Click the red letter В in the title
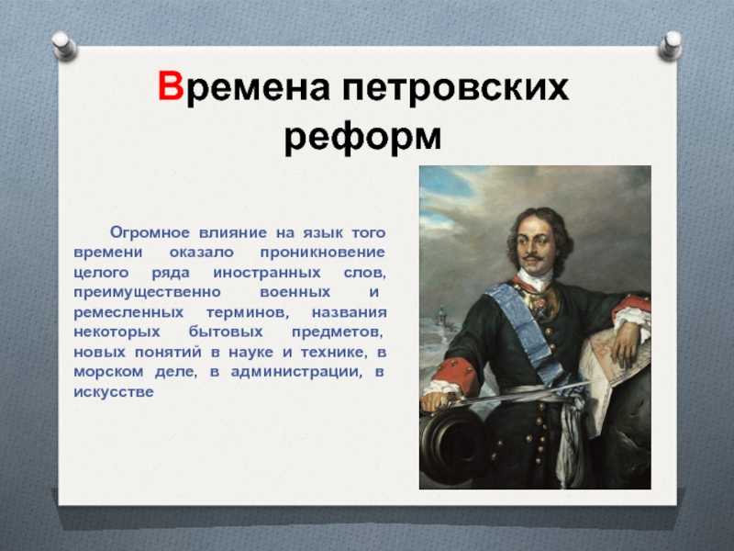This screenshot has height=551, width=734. [171, 85]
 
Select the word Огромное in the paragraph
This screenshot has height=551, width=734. [150, 232]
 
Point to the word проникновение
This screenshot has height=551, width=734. [323, 253]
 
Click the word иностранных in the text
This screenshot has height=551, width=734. [267, 273]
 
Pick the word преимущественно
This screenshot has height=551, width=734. [147, 293]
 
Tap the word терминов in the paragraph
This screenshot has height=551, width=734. [248, 312]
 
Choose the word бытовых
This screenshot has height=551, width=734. [226, 332]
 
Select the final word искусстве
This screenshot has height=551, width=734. [113, 392]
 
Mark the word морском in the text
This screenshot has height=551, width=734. [109, 372]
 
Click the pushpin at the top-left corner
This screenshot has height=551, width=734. [64, 45]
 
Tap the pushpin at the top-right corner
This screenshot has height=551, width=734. [671, 45]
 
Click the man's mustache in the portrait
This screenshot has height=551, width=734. [532, 257]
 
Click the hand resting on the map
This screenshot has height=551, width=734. [626, 344]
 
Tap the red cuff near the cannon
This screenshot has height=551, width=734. [451, 374]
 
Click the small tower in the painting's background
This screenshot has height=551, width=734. [441, 317]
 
